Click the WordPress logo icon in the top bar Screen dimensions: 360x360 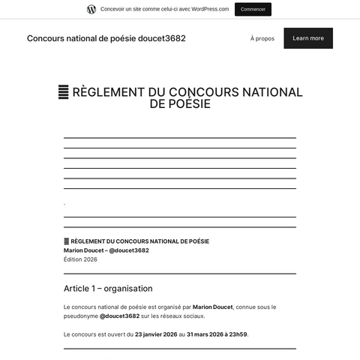(91, 9)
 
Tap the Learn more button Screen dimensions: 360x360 (307, 38)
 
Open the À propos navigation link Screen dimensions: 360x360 (262, 38)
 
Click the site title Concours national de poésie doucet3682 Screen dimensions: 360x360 (106, 38)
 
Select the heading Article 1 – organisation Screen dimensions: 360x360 (108, 288)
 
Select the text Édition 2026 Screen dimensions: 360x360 (80, 259)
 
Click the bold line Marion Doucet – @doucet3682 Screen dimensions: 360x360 (106, 250)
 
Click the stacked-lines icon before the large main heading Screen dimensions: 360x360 (64, 92)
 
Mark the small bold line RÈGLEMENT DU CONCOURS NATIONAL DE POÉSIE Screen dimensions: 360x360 (139, 241)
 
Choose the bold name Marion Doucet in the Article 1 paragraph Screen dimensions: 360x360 (212, 307)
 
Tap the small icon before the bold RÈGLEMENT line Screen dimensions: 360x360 (66, 241)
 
